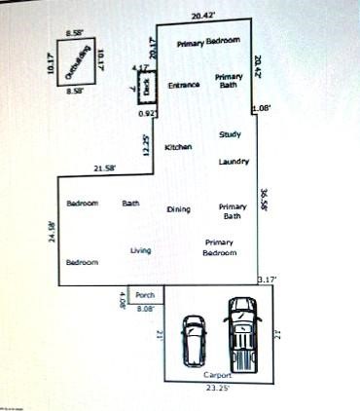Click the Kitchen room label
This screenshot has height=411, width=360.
click(x=178, y=147)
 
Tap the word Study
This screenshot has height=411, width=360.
click(x=230, y=134)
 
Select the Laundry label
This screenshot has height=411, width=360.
click(x=234, y=161)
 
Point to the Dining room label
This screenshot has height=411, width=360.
click(x=179, y=209)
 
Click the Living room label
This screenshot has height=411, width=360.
click(x=141, y=251)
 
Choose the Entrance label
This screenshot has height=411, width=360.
click(x=184, y=86)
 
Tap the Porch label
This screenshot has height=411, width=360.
click(x=145, y=294)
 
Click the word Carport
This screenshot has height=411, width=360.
click(x=216, y=375)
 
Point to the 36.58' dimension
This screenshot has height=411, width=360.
click(x=265, y=200)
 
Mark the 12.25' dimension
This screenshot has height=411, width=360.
click(x=145, y=145)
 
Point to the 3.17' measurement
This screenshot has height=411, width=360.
click(x=267, y=280)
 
